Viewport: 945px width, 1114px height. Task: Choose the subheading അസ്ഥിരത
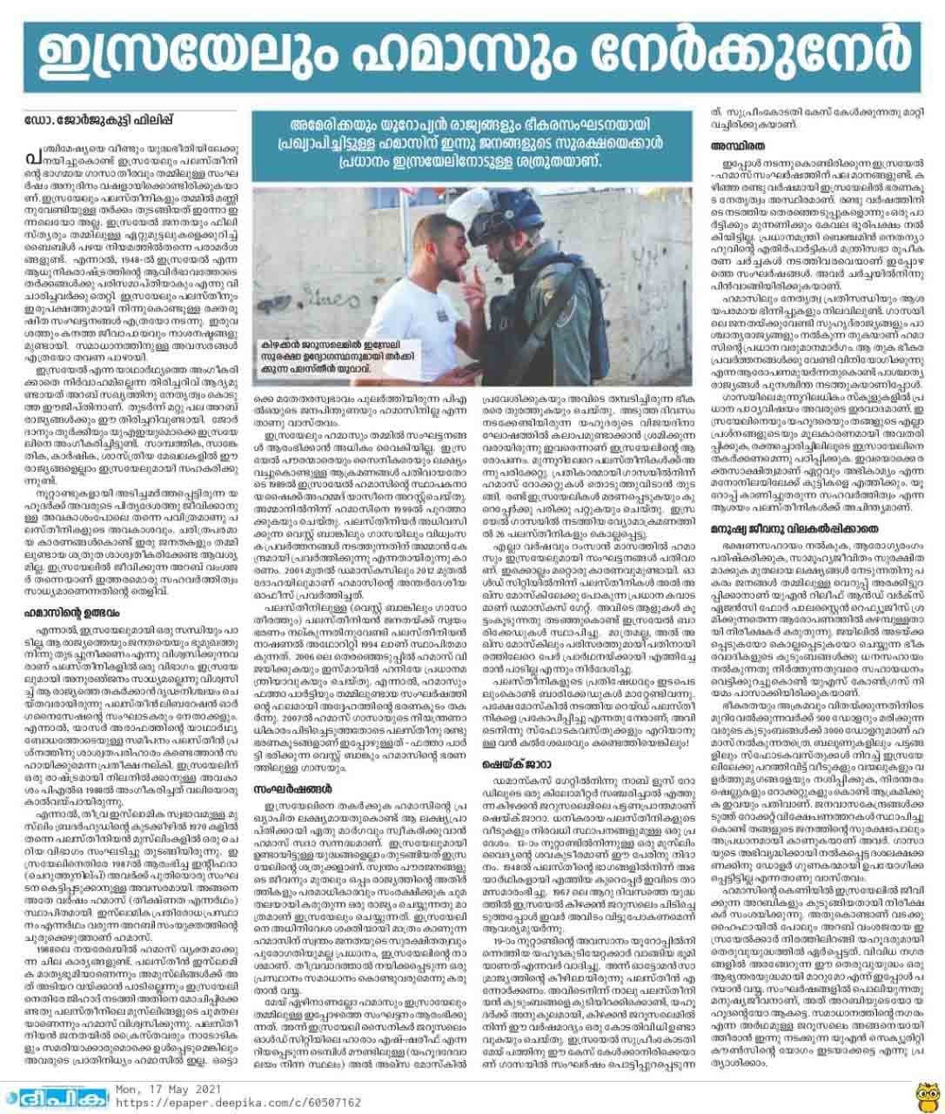coord(737,147)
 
